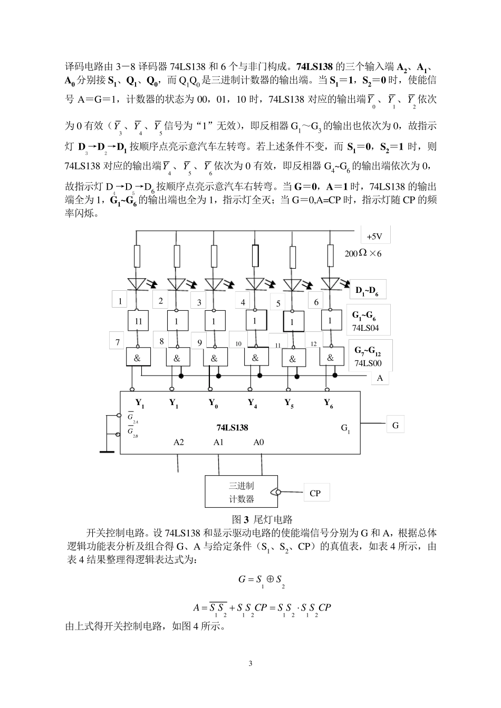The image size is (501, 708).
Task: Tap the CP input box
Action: coord(315,493)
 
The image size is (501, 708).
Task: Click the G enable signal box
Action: coord(395,425)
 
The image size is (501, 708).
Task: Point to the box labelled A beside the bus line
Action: coord(380,378)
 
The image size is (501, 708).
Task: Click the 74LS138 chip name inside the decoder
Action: coord(232,427)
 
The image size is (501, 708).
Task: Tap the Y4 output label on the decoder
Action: coord(253,404)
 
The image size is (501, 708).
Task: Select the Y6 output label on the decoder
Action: coord(329,404)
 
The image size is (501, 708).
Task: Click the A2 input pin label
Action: coord(179,442)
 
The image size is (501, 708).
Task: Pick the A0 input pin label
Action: coord(258,442)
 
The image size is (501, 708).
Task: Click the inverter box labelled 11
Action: coord(138,321)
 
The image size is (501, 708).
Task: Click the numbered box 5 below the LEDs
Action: coord(278,303)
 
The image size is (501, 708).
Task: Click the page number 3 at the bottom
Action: coord(250,663)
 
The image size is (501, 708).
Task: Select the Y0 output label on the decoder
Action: coord(214,404)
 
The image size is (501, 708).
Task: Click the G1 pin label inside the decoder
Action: coord(345,428)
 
